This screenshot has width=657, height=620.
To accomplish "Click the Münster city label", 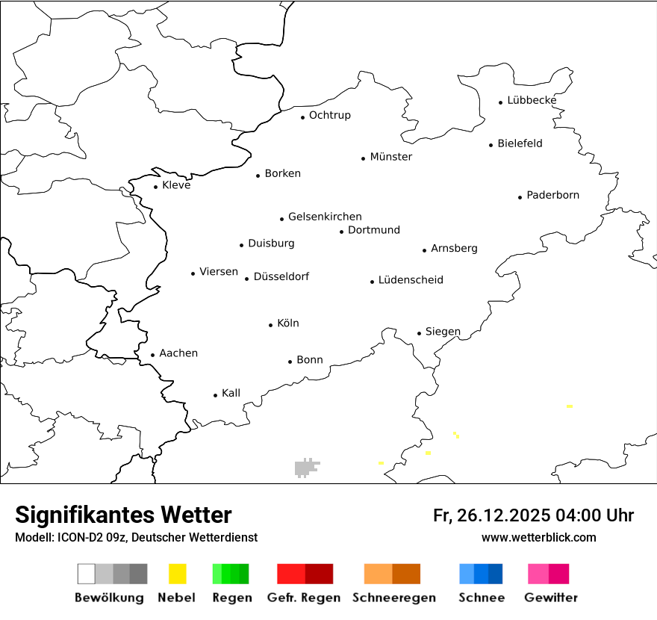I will tap(390, 157).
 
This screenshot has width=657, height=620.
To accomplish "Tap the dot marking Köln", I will tap(271, 325).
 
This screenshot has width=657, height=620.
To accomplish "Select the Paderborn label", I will tap(552, 196).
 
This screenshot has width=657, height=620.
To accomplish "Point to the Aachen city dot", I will tap(153, 356).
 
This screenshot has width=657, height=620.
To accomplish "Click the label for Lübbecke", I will tap(532, 100).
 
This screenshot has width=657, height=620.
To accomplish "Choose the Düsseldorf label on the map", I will tap(281, 277).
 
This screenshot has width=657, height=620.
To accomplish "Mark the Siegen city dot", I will tap(420, 333).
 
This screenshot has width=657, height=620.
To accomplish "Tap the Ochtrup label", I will tap(329, 115).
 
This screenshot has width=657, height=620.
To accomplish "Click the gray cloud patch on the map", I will tap(305, 468).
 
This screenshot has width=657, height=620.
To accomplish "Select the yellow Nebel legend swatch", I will tap(178, 574).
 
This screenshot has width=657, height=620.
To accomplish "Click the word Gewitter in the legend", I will tap(551, 598).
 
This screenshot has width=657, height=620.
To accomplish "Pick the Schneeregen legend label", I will tap(394, 598).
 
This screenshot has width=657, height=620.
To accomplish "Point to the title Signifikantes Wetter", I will tap(123, 515).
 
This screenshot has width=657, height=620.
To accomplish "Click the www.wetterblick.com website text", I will tap(538, 537).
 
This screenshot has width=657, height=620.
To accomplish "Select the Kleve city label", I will tap(176, 185).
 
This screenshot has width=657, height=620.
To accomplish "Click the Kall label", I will tap(231, 393).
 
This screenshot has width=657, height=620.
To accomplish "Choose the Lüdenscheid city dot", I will tap(372, 282).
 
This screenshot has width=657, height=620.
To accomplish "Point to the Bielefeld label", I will tap(520, 143).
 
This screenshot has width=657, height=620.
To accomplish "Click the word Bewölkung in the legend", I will tap(109, 598).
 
